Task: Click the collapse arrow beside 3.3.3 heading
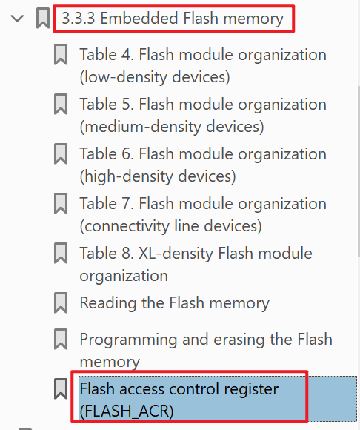coord(17,19)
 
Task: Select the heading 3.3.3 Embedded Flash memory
coord(173,19)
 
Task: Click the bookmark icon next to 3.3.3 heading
coord(43,18)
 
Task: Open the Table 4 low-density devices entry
coord(203,65)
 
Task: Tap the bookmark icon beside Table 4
coord(61,54)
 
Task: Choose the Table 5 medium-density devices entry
coord(203,115)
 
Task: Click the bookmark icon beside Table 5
coord(61,104)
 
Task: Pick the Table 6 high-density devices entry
coord(203,165)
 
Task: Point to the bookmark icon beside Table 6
coord(61,153)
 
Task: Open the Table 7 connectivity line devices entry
coord(203,215)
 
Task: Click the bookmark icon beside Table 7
coord(61,203)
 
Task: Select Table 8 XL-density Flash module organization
coord(196,264)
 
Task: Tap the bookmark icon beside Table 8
coord(61,253)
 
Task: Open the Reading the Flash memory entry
coord(175,303)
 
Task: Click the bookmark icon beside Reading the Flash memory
coord(61,302)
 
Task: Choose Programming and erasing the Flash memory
coord(206,350)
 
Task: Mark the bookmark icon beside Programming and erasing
coord(61,339)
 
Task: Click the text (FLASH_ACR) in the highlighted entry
coord(127,411)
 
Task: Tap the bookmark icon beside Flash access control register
coord(61,388)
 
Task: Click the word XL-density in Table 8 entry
coord(176,253)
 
